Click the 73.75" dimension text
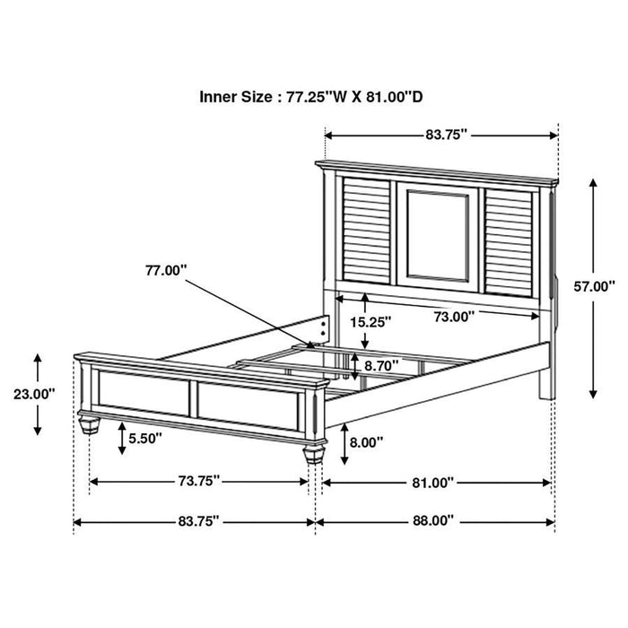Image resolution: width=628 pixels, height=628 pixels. pos(197,481)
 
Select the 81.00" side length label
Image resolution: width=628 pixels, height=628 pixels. pos(432,482)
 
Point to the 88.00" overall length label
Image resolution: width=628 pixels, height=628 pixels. pos(432,519)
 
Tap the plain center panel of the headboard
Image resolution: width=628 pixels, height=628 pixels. pos(437,235)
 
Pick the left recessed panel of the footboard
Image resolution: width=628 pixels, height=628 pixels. pos(144,393)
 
